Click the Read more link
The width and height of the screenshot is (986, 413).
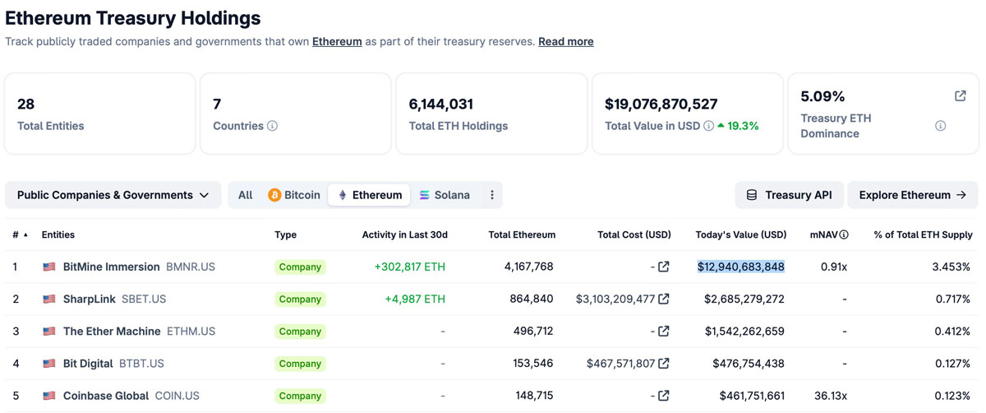(x=565, y=41)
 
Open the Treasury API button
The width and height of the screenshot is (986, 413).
(x=789, y=195)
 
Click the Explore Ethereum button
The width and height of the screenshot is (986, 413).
(x=912, y=195)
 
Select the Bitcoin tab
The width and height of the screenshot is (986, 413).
(x=294, y=195)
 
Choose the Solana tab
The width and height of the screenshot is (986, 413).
(x=445, y=195)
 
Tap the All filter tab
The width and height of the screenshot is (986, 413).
(x=246, y=195)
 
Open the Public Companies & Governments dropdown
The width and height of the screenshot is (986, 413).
(x=113, y=195)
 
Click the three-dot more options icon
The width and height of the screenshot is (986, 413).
(x=492, y=195)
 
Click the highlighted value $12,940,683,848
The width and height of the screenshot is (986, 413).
(x=740, y=267)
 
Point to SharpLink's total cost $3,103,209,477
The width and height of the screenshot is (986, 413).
(x=615, y=299)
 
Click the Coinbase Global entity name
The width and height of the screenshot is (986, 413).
(x=106, y=396)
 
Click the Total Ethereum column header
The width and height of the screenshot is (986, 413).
(x=522, y=234)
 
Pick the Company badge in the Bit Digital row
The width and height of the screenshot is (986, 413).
(x=300, y=364)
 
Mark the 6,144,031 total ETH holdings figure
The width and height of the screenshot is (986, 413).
(x=441, y=104)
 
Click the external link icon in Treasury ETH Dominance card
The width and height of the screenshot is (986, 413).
(x=960, y=96)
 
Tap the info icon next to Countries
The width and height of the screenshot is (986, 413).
(x=273, y=126)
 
